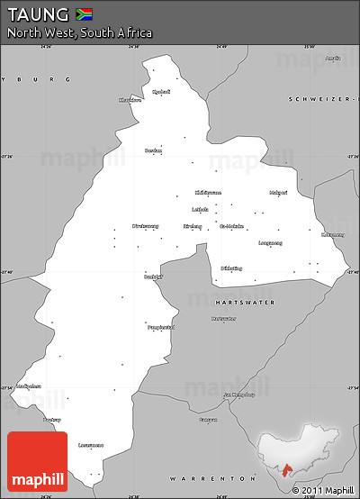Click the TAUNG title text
coord(38,14)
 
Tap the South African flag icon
coord(84,14)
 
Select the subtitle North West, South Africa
coord(79,33)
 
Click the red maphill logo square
coord(37,462)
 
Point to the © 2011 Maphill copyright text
coord(323,490)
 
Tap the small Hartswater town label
coord(224,319)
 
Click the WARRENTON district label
coord(215,477)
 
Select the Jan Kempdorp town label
coord(238,395)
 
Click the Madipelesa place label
coord(29,386)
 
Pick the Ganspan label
coord(209,420)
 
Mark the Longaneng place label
coord(270,243)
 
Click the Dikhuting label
coord(231,268)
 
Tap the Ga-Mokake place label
coord(232,226)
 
